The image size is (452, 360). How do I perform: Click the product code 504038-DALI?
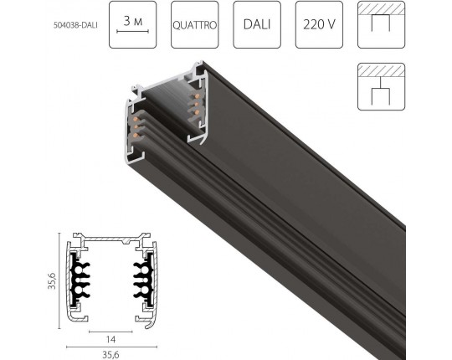(75, 25)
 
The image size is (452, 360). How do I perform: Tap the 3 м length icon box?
(132, 24)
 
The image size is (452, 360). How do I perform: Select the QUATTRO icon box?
(195, 24)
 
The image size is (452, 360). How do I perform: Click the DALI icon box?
(257, 24)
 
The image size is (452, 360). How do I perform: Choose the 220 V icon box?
(319, 24)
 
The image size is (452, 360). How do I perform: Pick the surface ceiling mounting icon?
(382, 24)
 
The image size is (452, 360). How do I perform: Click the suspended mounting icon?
(382, 86)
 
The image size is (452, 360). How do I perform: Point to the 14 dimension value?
(110, 340)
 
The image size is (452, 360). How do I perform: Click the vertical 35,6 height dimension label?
(52, 280)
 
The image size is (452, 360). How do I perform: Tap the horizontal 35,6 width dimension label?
(110, 355)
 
